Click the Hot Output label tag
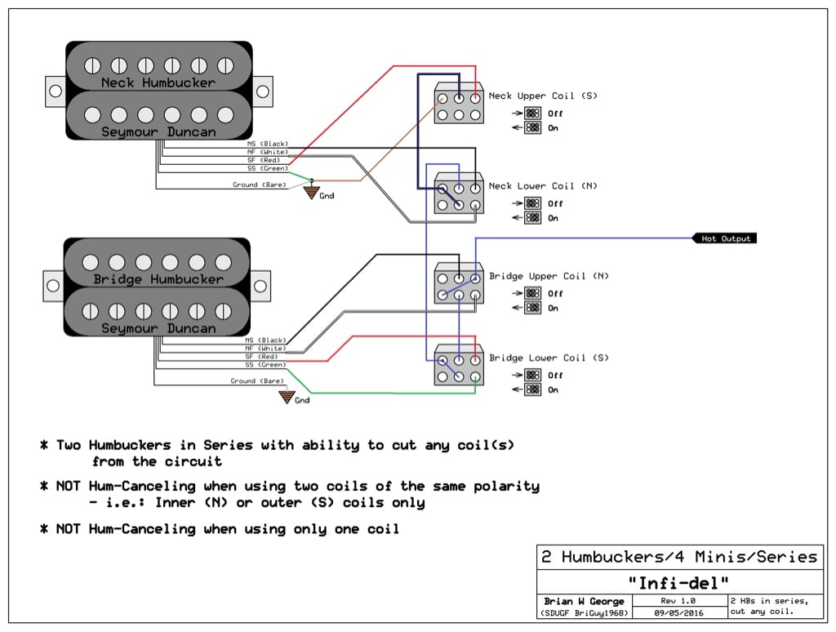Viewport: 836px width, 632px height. point(725,238)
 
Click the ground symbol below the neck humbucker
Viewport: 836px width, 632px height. point(312,191)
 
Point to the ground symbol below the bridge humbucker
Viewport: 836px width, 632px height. point(287,397)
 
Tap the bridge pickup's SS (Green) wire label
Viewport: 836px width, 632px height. point(265,365)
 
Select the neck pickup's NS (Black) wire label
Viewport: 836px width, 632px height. point(268,144)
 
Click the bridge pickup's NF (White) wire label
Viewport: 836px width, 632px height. point(265,349)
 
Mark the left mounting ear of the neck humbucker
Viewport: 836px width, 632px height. point(56,91)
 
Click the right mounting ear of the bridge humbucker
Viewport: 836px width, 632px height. point(260,287)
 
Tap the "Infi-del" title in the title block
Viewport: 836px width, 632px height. point(678,583)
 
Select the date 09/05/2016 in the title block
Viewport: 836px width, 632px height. point(678,613)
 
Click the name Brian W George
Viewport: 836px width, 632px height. point(584,601)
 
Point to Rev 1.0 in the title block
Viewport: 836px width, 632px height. point(678,600)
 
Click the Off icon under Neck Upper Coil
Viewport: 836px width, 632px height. point(532,113)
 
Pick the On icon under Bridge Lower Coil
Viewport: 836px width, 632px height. point(532,389)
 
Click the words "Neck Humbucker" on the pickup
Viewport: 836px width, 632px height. point(158,82)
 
